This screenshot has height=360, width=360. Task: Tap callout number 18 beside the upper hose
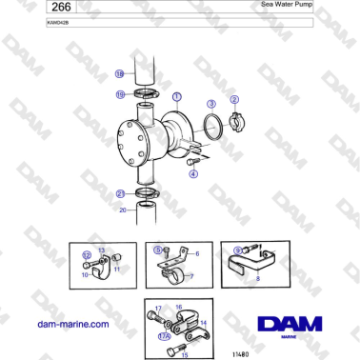[119, 72]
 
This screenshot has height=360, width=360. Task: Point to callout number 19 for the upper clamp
[120, 94]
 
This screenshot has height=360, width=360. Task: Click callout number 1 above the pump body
[176, 96]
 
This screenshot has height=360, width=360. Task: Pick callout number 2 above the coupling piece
[234, 100]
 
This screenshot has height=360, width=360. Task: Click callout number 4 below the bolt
[190, 173]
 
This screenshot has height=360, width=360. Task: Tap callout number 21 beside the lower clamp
[120, 193]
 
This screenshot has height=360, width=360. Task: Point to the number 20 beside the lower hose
[122, 210]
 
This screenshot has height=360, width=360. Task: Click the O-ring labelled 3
[217, 124]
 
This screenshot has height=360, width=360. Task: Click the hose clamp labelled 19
[146, 93]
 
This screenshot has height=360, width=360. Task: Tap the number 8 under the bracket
[257, 280]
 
